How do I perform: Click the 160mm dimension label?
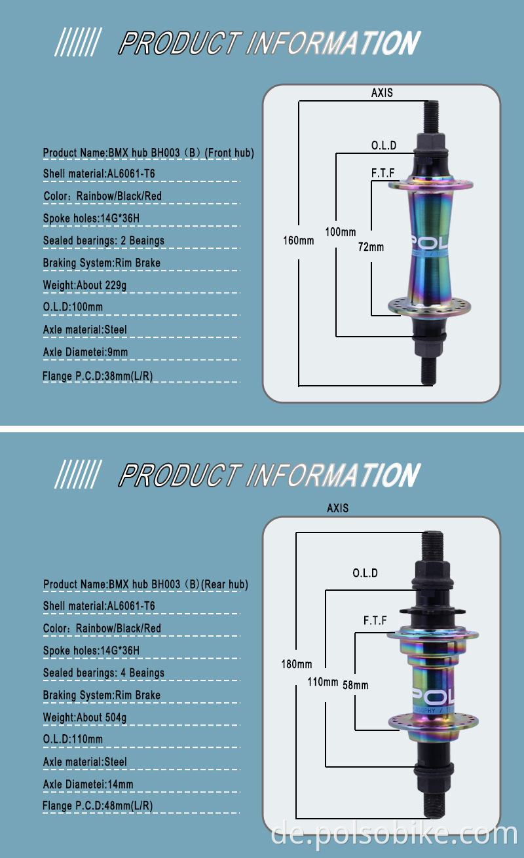click(x=298, y=240)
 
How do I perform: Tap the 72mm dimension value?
click(x=371, y=247)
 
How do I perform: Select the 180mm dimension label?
click(x=296, y=664)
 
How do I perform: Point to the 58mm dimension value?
click(x=356, y=685)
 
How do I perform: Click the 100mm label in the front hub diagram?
click(x=341, y=232)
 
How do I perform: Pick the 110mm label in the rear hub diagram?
click(x=323, y=682)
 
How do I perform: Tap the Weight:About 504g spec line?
click(x=84, y=717)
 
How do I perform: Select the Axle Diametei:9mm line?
click(x=85, y=352)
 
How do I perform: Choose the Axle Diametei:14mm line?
click(x=88, y=784)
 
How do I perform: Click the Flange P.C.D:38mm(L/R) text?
click(x=98, y=376)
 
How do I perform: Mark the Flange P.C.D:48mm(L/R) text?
click(x=98, y=806)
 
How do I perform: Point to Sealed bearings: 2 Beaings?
click(x=103, y=240)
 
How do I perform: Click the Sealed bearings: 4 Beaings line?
click(x=103, y=673)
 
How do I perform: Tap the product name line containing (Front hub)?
click(x=148, y=153)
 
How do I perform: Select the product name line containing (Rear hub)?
click(x=145, y=584)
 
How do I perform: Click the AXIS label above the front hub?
click(x=382, y=93)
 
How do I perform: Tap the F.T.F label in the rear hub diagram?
click(x=375, y=620)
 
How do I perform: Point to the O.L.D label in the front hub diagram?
click(x=383, y=145)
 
